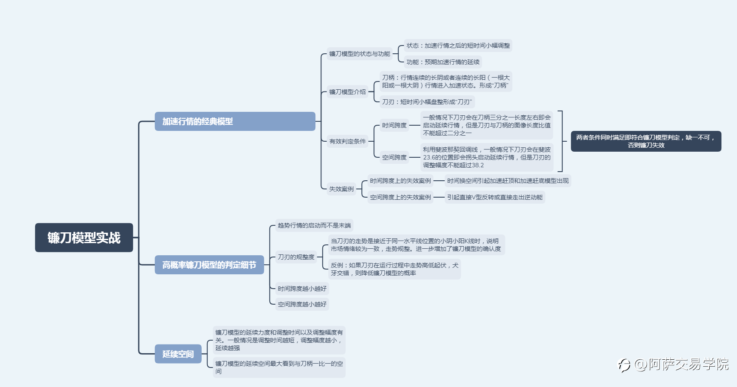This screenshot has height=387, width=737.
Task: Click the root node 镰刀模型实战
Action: point(84,237)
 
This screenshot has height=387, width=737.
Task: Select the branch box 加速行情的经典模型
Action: point(235,121)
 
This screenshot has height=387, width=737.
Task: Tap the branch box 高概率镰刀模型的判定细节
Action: point(209,265)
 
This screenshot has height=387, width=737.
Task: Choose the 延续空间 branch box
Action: point(178,354)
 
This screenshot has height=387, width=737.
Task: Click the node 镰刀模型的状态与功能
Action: point(360,54)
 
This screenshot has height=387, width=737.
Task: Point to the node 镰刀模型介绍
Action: point(347,92)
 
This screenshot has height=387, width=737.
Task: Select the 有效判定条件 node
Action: point(347,141)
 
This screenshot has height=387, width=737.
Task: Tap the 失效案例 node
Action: point(341,189)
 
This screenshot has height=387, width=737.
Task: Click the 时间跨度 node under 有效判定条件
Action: point(394,125)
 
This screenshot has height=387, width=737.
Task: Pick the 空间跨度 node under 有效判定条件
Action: point(394,157)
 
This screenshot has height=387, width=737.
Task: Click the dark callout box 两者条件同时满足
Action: point(646,141)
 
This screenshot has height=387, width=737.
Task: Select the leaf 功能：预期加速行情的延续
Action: point(443,62)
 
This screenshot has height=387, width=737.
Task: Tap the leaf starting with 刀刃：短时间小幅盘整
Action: point(427,102)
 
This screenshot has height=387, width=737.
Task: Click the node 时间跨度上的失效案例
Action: point(400,181)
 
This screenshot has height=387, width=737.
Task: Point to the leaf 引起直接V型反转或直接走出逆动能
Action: point(495,197)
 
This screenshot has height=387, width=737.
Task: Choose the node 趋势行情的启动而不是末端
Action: point(314,225)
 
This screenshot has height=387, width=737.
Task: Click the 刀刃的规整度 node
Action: point(296,257)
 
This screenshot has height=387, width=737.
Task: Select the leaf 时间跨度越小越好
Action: point(302,289)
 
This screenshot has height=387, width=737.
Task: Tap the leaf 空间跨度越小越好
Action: point(302,304)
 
